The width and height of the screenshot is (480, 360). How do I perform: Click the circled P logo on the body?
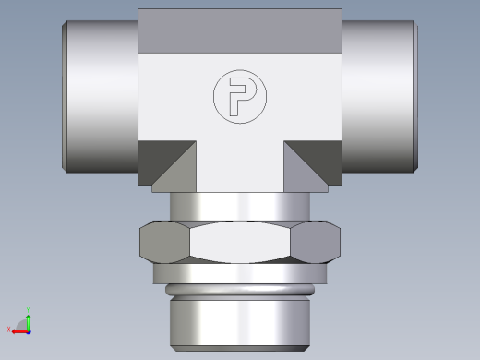click(x=239, y=96)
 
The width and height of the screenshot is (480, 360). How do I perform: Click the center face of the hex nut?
click(x=239, y=244)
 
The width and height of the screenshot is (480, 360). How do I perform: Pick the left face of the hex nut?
click(x=163, y=244)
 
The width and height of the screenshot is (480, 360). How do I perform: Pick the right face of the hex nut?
click(x=315, y=244)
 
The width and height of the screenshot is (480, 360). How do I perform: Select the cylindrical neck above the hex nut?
click(x=239, y=207)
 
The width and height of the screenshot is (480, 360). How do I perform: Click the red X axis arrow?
click(x=18, y=329)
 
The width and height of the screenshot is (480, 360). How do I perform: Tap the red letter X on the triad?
click(x=9, y=330)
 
